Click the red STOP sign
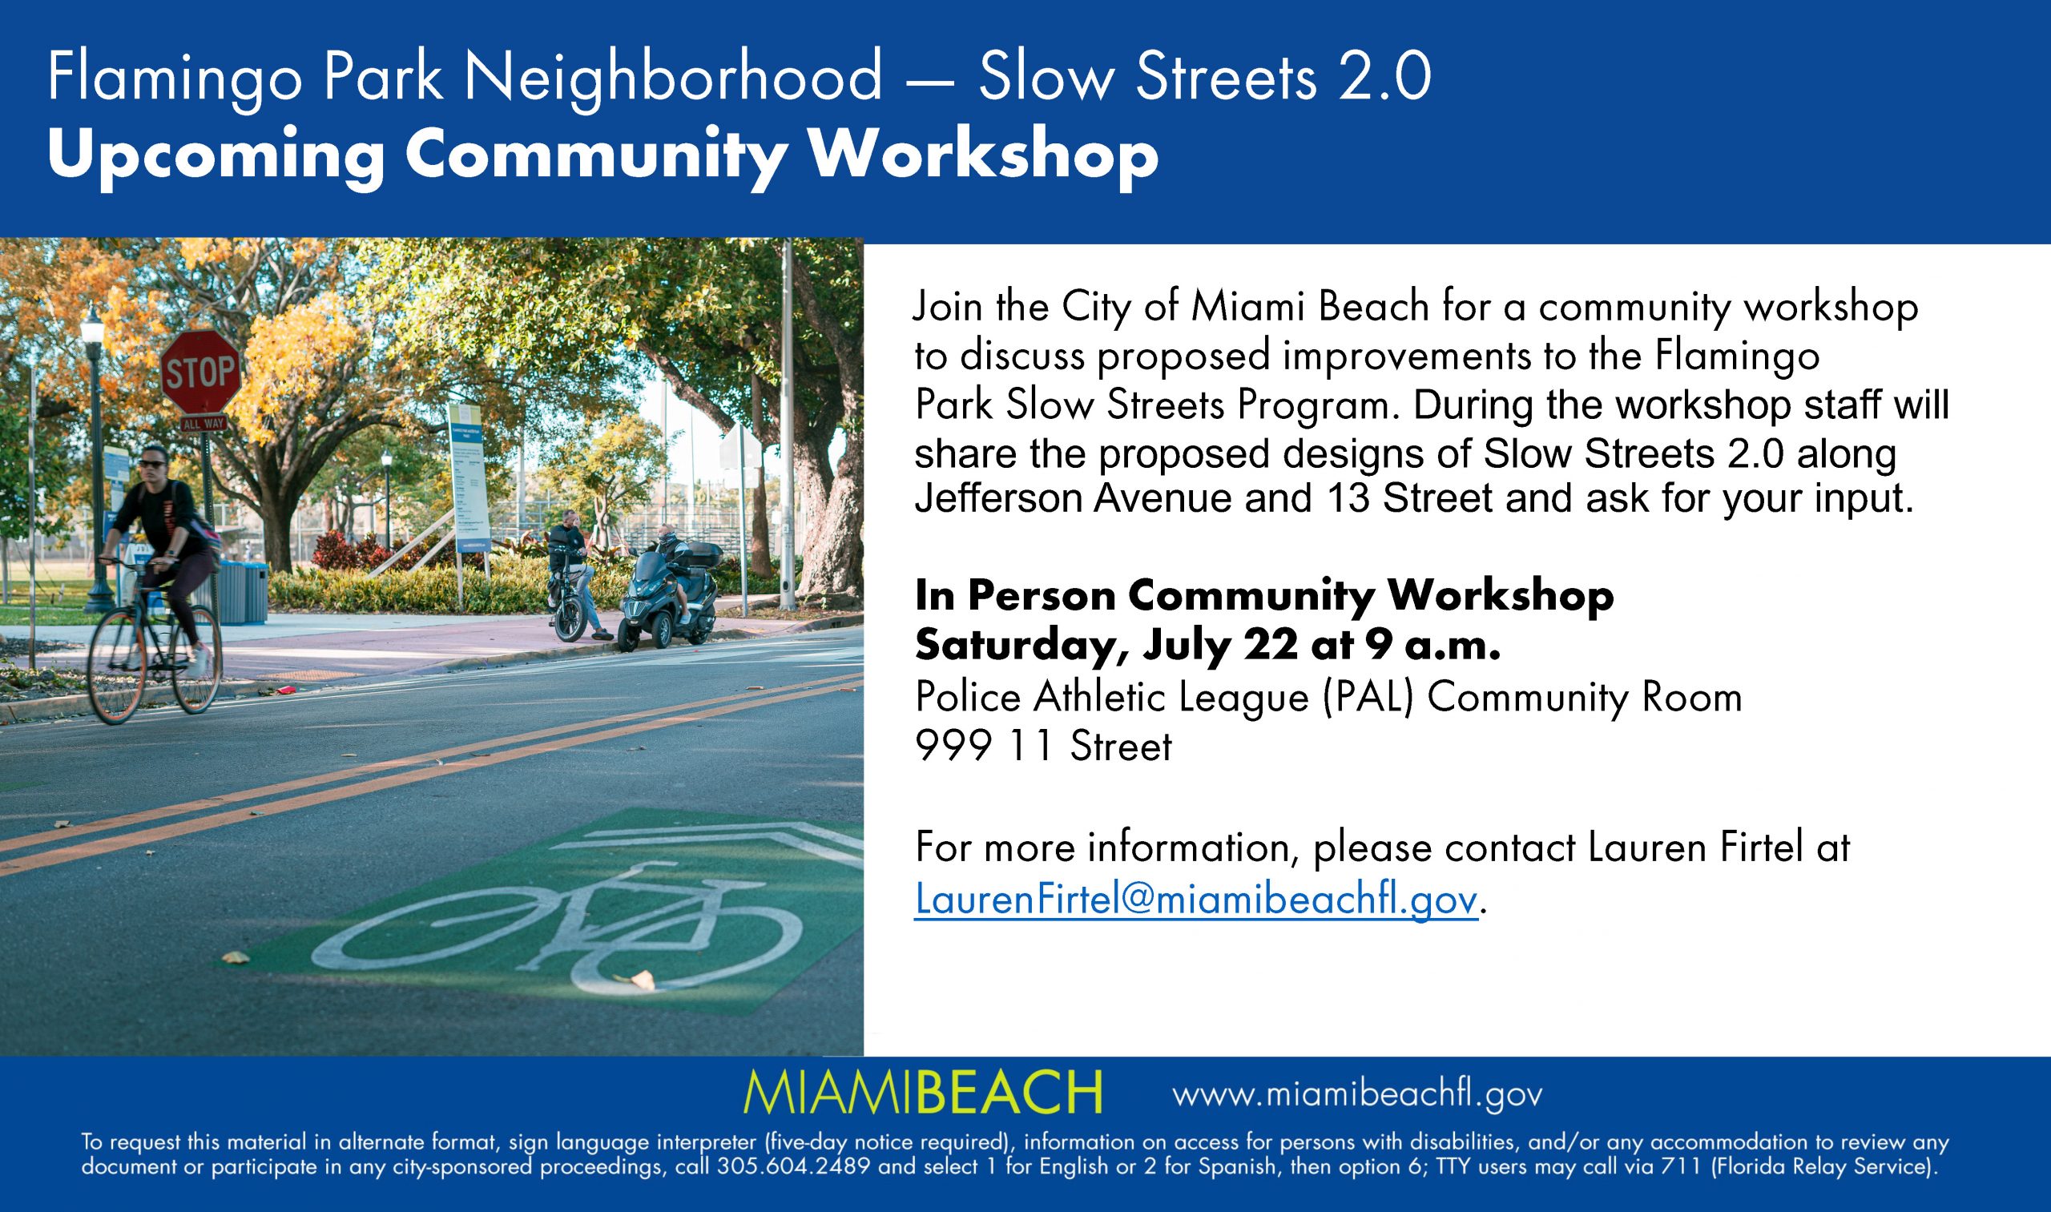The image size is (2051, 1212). click(200, 372)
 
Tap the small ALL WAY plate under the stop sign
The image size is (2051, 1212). click(203, 424)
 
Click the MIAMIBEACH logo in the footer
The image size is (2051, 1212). click(924, 1092)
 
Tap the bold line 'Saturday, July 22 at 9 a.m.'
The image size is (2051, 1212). click(1208, 646)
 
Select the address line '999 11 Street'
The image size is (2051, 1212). click(1043, 746)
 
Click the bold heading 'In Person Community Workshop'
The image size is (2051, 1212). click(1264, 597)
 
